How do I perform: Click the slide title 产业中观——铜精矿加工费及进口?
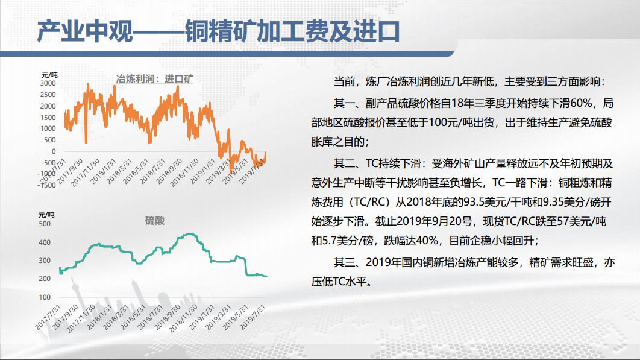(x=218, y=31)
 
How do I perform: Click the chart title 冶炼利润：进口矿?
(x=155, y=79)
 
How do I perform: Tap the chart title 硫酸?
(x=155, y=221)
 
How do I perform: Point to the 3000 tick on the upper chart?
(x=48, y=83)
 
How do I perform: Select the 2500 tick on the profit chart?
(x=48, y=95)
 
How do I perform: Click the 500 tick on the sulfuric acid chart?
(x=45, y=224)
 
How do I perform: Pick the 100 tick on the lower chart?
(x=45, y=297)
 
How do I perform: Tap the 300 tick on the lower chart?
(x=45, y=261)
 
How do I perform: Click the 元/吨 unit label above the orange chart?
(x=49, y=75)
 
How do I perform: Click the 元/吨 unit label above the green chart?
(x=46, y=215)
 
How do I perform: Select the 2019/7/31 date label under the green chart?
(x=253, y=317)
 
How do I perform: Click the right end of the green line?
(x=266, y=276)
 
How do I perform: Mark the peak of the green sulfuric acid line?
(x=189, y=234)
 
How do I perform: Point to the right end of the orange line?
(x=266, y=152)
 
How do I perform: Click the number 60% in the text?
(x=581, y=103)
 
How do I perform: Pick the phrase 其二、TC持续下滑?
(x=377, y=163)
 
